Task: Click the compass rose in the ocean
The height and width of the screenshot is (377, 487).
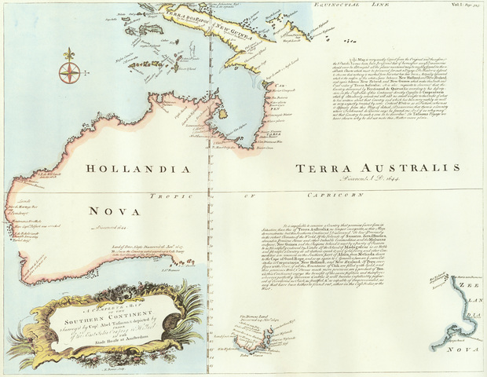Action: click(69, 73)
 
